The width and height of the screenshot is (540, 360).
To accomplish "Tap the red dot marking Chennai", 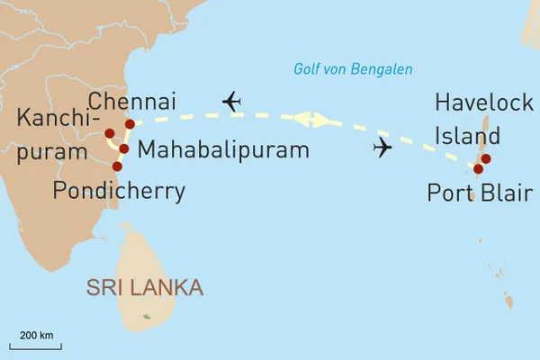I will tap(130, 123).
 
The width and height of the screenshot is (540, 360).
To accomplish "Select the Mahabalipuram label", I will tap(223, 148).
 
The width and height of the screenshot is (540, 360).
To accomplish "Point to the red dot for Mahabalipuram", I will tap(123, 148).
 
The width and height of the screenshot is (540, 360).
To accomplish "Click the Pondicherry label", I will tap(119, 190).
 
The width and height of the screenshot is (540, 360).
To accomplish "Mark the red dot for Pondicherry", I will tap(117, 166).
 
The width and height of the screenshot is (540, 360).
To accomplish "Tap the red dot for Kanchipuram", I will tap(110, 134).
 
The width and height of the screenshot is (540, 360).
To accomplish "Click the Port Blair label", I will tap(480, 192).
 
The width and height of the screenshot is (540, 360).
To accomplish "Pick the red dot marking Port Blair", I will tap(478, 168).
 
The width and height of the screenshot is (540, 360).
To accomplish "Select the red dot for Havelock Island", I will tap(486, 159).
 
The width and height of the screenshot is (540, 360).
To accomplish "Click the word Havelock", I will tap(483, 102).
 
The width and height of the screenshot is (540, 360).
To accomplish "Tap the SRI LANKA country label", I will tap(144, 287).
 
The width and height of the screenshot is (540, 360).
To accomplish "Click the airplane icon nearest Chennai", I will tap(232, 102).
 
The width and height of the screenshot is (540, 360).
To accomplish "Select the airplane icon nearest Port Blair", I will tap(383, 147).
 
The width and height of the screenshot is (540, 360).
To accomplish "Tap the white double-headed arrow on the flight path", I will tap(308, 118).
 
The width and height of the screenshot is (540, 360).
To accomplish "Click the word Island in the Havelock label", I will tap(463, 137).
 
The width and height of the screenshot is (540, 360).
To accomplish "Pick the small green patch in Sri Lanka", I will tap(147, 316).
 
